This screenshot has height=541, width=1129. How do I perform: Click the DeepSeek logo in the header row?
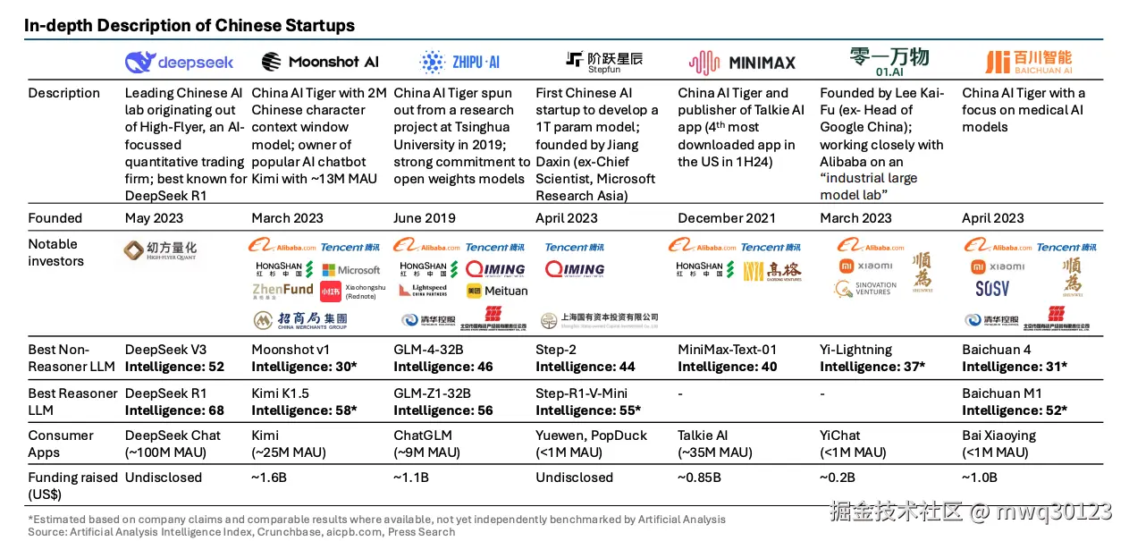tap(179, 62)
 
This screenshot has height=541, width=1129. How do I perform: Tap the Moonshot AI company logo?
tap(320, 62)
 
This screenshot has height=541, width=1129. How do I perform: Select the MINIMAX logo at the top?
tap(741, 62)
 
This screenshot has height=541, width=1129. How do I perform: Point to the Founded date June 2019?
tap(424, 218)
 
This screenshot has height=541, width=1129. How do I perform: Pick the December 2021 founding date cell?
tap(727, 218)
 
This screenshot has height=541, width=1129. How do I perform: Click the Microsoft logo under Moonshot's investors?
tap(351, 270)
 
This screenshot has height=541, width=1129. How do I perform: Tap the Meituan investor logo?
tap(497, 291)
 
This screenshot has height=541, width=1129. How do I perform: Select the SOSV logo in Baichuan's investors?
tap(992, 289)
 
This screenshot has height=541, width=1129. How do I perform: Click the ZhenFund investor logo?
tap(282, 290)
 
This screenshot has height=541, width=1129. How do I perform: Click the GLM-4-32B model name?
tap(428, 350)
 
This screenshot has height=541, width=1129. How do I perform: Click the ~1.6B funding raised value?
tap(269, 478)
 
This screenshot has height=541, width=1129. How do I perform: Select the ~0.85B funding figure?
tap(699, 478)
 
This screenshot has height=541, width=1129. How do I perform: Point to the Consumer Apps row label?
tap(61, 444)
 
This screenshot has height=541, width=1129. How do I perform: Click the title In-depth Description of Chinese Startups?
tap(190, 25)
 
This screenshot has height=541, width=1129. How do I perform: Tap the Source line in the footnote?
tap(241, 531)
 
